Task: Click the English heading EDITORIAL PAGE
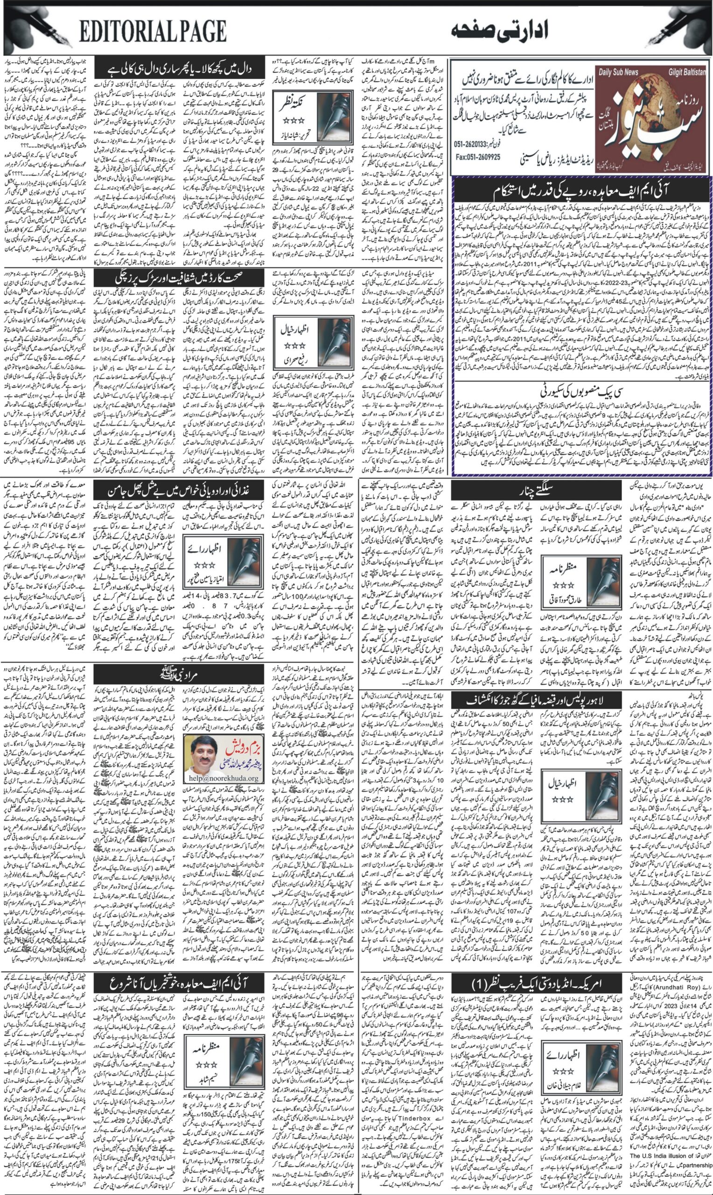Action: tap(153, 33)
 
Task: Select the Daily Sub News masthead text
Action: tap(619, 72)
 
